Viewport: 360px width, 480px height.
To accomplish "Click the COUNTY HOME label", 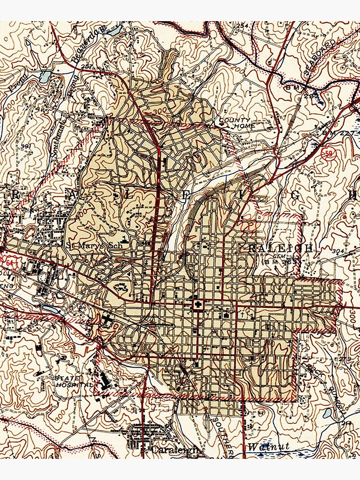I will click(235, 123).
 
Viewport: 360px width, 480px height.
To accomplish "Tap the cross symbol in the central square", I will click(197, 305).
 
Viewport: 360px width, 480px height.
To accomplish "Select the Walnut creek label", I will click(269, 446).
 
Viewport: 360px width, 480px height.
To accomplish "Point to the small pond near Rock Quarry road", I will click(327, 413).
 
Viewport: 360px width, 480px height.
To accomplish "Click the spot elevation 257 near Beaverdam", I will click(87, 66).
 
